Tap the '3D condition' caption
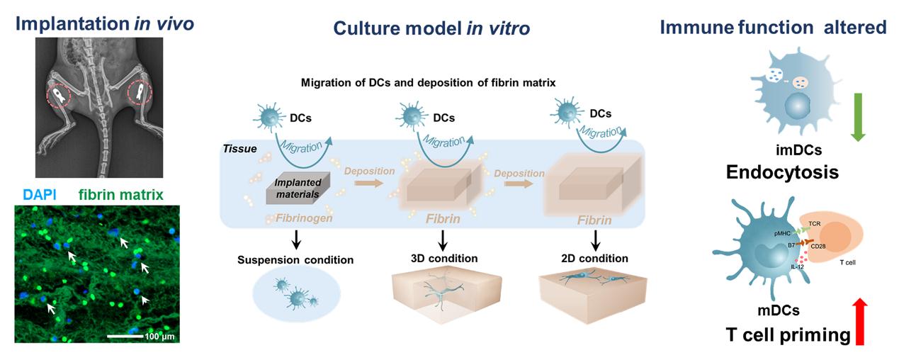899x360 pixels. [445, 257]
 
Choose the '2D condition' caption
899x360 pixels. [590, 257]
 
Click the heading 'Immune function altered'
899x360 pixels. [773, 28]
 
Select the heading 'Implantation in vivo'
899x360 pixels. [105, 24]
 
